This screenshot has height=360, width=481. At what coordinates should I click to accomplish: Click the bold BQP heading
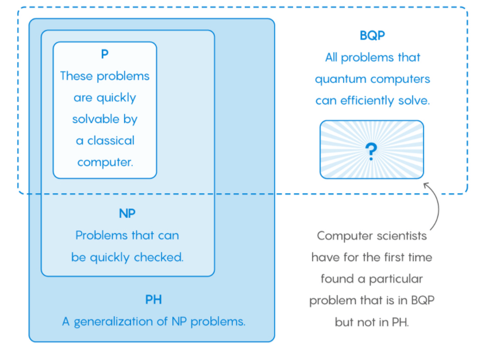pyautogui.click(x=372, y=36)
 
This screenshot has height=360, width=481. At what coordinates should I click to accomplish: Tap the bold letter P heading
pyautogui.click(x=105, y=54)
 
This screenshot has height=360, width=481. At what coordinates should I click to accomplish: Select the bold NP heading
pyautogui.click(x=127, y=213)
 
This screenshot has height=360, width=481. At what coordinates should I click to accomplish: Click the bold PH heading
pyautogui.click(x=153, y=300)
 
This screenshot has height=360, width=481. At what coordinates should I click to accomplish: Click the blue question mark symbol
pyautogui.click(x=371, y=150)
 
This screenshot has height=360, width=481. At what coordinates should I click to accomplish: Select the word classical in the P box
pyautogui.click(x=110, y=140)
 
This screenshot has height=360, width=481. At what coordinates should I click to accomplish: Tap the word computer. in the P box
pyautogui.click(x=105, y=162)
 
